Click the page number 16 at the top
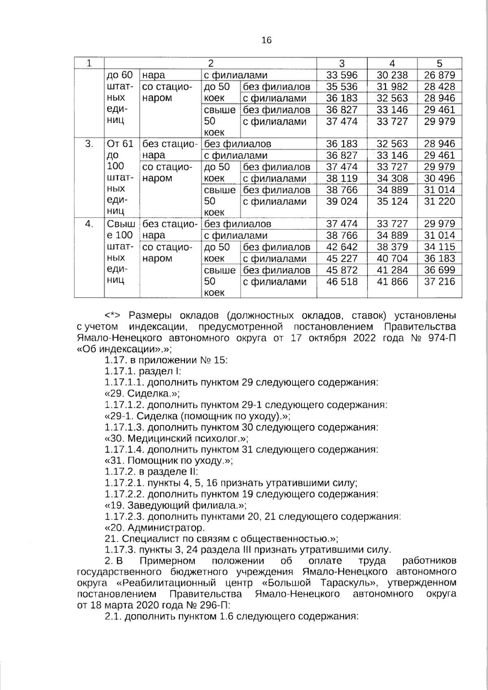click(x=267, y=40)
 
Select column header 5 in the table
click(x=439, y=63)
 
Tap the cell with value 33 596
click(x=342, y=75)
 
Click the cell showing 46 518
click(x=342, y=282)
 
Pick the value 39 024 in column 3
click(x=342, y=202)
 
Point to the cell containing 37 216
click(x=439, y=282)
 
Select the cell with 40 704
click(x=392, y=259)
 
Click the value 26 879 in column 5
click(x=439, y=75)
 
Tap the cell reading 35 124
click(x=392, y=202)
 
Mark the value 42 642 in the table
click(x=342, y=247)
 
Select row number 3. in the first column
click(x=89, y=144)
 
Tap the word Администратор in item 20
click(x=166, y=528)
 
